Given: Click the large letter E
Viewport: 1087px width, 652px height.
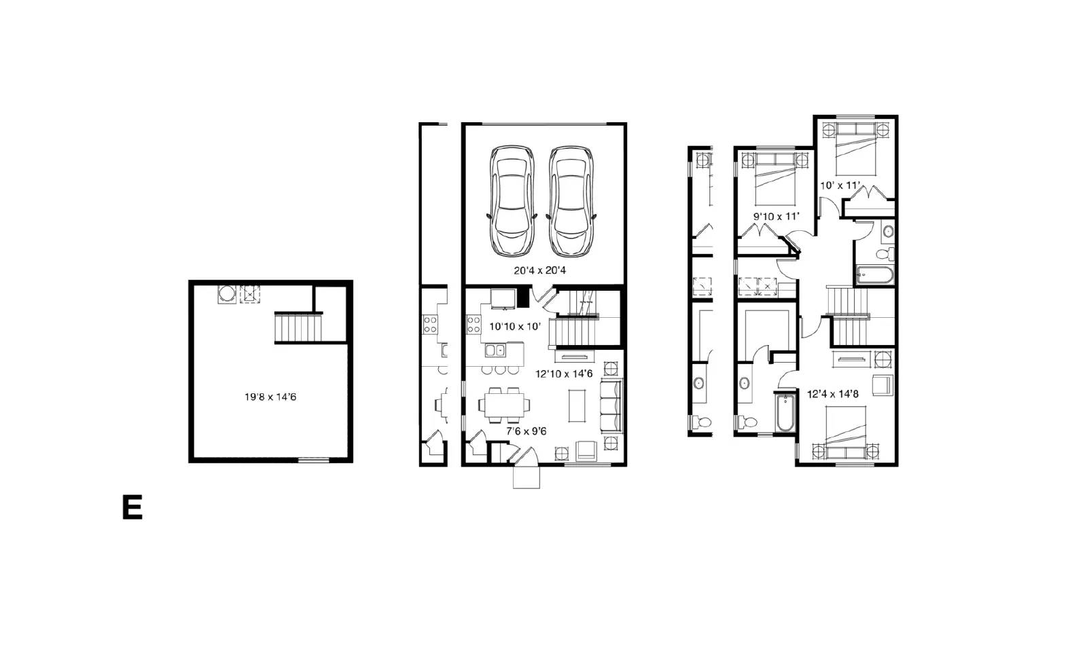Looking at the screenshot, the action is pos(132,507).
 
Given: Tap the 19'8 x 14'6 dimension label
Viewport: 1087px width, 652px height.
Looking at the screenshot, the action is pos(270,397).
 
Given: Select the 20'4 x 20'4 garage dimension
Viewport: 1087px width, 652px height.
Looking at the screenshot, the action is pos(539,270).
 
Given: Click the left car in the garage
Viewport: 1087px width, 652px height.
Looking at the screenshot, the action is pos(512,200).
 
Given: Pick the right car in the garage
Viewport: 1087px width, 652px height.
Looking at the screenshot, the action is pos(571,201).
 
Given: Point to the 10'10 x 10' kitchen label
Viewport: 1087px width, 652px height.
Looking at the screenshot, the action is pos(514,326).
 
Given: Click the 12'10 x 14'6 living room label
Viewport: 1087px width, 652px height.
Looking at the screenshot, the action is pos(564,374).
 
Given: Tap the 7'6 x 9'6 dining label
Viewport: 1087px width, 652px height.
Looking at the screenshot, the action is pos(527,431).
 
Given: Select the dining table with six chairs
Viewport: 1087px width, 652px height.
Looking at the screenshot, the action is pos(504,405).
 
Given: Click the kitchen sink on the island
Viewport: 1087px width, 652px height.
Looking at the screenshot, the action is pos(495,349).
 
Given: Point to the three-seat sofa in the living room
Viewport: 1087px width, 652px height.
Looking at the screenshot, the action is pos(611,406).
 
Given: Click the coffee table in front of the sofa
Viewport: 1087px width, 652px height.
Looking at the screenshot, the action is pos(577,405).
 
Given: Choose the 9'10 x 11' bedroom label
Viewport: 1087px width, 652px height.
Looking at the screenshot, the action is pos(776,217).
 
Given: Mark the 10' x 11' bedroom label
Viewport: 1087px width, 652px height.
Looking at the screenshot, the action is pos(840,185).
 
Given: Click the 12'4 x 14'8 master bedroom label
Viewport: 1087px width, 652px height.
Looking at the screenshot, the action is pos(833,394).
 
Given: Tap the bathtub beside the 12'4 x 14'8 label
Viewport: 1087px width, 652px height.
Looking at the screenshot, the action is pos(785,412).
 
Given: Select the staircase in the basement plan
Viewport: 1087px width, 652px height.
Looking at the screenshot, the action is pos(298,327).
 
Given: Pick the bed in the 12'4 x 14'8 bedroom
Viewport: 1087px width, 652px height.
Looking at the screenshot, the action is pos(846,433).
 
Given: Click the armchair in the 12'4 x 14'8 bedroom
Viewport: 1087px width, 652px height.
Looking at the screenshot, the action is pos(883,385).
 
